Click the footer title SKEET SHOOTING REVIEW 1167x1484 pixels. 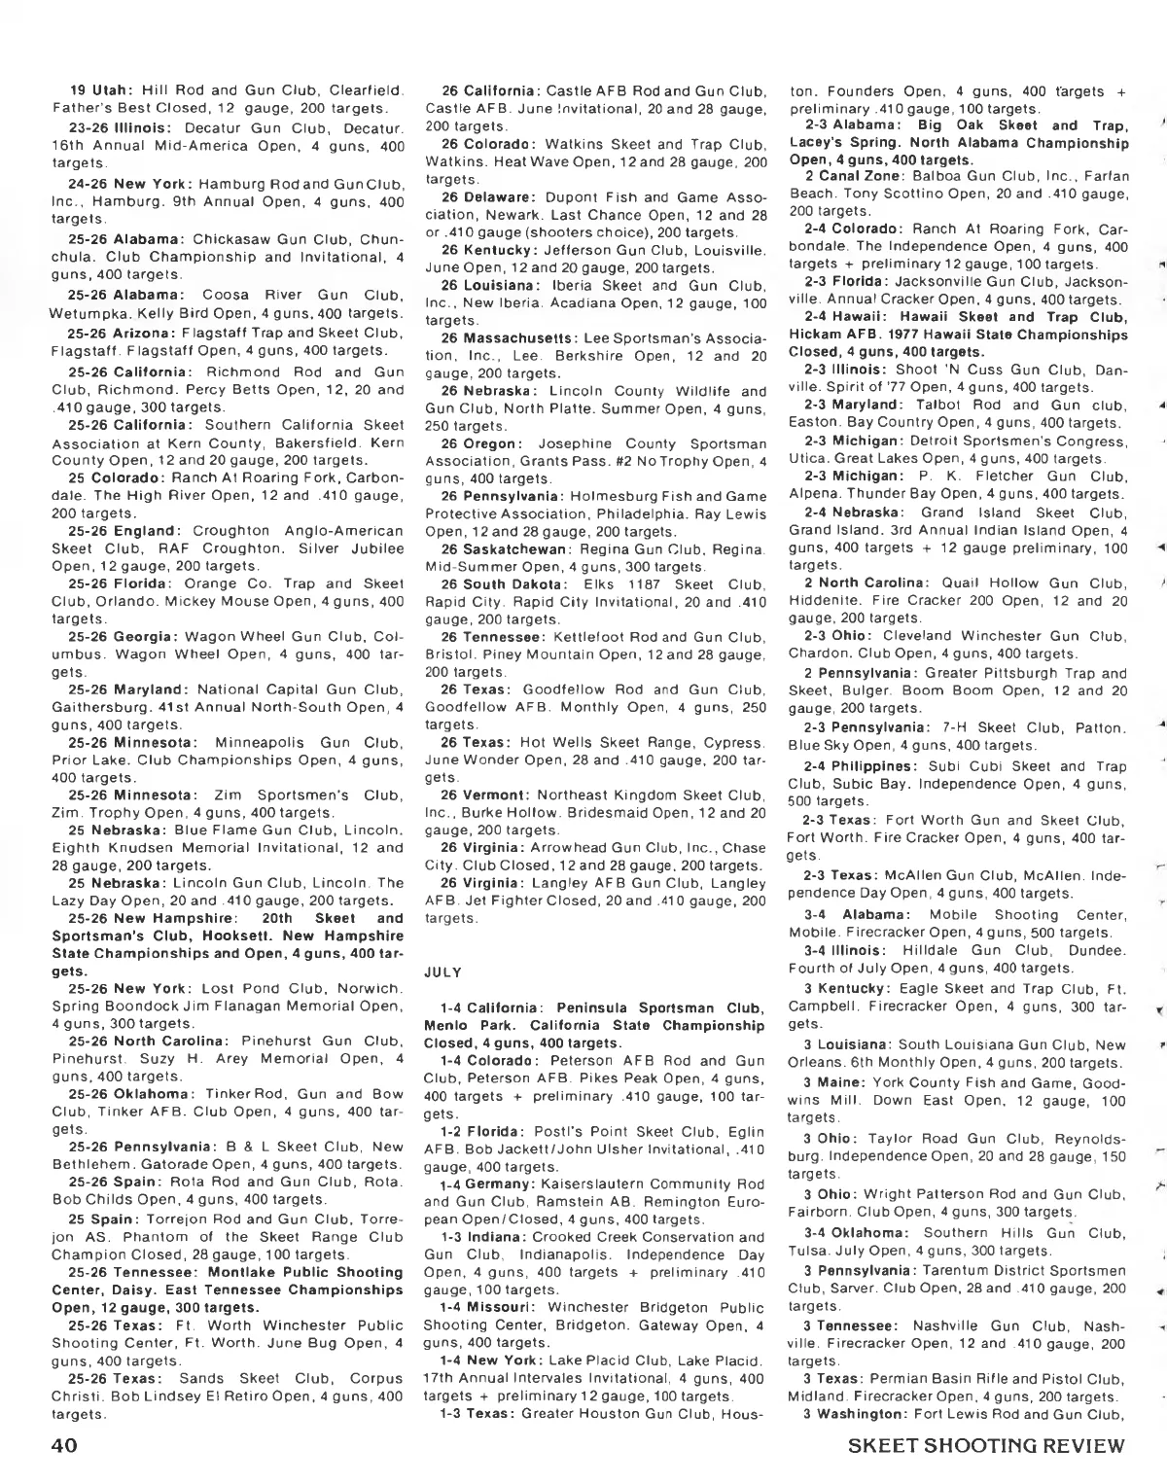986,1445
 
